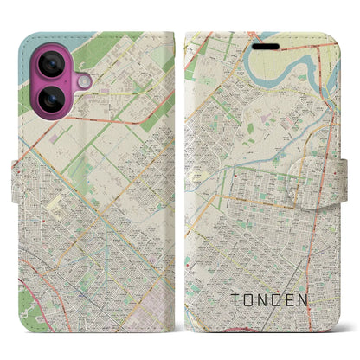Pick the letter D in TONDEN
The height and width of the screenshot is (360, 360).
290,300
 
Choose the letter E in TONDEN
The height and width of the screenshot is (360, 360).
307,300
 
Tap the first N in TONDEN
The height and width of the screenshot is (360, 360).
272,300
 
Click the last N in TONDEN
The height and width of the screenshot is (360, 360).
325,300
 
